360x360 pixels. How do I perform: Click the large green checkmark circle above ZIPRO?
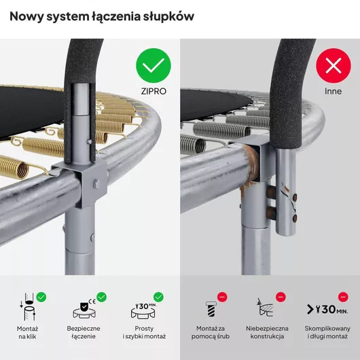154,66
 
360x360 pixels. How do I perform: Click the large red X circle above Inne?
334,66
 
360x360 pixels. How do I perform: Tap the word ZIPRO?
154,92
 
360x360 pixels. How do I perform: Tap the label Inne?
333,92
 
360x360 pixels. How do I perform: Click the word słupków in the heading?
168,17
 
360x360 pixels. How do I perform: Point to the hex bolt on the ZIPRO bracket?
96,184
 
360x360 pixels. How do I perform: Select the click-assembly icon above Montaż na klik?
27,307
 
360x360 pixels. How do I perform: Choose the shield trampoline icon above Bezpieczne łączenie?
84,309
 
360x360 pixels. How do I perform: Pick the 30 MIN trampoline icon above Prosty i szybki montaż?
143,310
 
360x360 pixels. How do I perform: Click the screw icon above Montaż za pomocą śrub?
211,309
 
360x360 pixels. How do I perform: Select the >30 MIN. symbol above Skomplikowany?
327,309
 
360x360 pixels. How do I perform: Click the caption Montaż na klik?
27,333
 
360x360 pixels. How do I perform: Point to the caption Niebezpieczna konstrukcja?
267,332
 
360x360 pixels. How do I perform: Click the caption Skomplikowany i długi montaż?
327,332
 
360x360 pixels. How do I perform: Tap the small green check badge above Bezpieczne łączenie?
101,297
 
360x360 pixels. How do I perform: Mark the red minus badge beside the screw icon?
222,297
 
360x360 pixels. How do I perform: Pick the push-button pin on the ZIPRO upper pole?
88,142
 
